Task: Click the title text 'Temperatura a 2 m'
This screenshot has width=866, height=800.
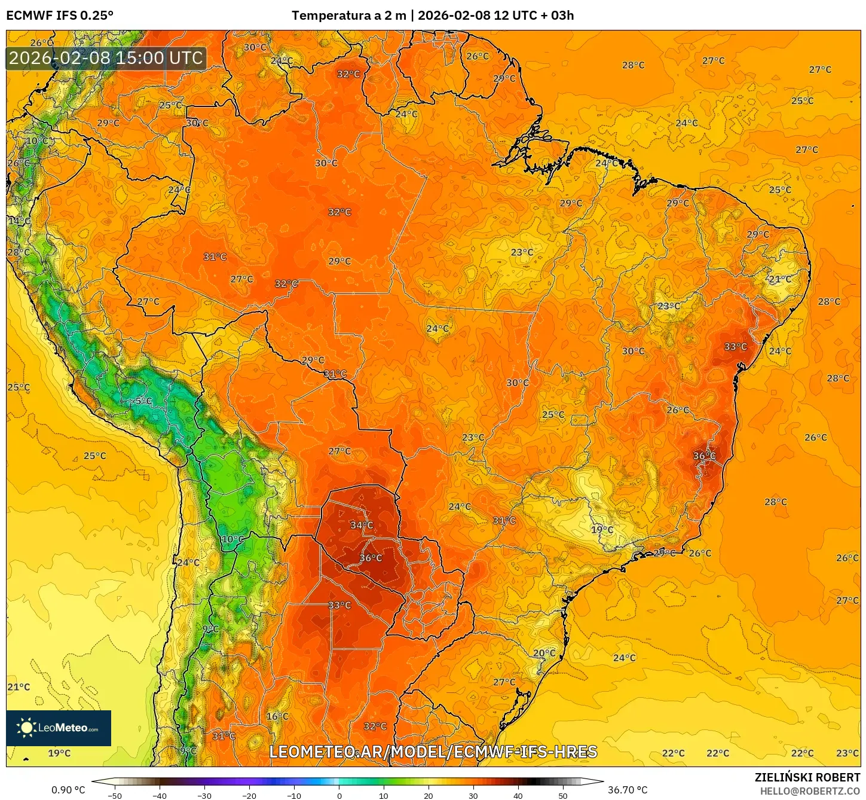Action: tap(348, 16)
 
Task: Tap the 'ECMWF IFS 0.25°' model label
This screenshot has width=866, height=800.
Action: tap(60, 16)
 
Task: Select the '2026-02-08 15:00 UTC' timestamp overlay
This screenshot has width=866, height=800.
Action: tap(106, 59)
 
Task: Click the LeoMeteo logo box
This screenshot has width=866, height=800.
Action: tap(59, 728)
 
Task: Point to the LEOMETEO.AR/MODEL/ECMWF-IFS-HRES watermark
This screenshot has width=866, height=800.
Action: tap(433, 752)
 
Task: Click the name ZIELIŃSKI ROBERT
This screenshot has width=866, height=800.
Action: tap(807, 777)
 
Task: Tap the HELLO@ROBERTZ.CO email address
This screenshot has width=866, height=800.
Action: tap(810, 791)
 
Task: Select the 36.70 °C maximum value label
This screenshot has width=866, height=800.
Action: tap(628, 790)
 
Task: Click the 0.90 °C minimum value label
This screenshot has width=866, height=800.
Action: tap(68, 790)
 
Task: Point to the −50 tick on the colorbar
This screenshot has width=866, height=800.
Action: tap(114, 795)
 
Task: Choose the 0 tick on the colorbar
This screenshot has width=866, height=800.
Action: tap(339, 795)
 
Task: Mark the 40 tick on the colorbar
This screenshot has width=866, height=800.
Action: tap(518, 795)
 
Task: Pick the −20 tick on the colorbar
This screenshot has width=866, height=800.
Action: tap(249, 795)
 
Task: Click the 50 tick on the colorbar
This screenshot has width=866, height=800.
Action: tap(562, 795)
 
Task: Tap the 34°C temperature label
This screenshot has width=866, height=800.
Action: tap(362, 525)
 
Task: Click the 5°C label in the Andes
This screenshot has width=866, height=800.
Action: tap(143, 401)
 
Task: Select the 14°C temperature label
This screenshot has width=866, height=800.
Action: tap(19, 221)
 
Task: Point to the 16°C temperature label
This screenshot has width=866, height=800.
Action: tap(277, 716)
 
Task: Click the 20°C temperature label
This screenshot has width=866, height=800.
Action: tap(544, 654)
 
